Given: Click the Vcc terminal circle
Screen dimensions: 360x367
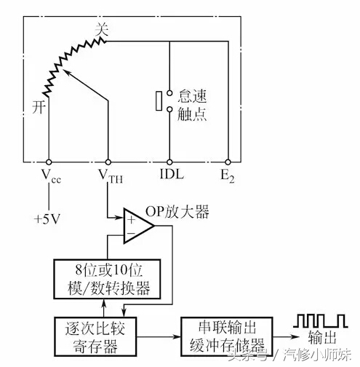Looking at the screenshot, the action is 49,162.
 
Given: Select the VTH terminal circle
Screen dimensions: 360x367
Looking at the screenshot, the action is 108,162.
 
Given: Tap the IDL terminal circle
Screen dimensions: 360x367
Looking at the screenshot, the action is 169,162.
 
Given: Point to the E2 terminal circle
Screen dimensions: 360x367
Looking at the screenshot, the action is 228,162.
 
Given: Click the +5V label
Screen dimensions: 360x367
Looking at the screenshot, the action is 47,219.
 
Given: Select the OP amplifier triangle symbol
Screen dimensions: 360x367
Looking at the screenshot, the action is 139,226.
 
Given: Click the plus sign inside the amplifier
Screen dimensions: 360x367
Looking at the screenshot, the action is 131,220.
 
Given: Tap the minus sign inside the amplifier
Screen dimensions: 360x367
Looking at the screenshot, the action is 131,233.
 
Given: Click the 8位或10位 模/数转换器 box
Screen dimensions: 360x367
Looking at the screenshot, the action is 107,279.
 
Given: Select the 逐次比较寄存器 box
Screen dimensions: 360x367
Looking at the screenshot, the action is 95,336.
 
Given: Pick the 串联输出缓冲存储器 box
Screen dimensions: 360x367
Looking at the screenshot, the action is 227,336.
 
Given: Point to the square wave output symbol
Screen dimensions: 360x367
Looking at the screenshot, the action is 321,320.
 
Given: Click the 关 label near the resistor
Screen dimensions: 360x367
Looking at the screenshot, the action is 102,30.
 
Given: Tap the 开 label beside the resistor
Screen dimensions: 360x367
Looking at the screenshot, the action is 39,107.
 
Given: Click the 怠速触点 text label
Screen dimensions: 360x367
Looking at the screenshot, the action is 192,105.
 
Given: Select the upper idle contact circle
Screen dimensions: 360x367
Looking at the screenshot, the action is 169,92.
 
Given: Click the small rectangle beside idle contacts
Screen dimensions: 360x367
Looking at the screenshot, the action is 159,101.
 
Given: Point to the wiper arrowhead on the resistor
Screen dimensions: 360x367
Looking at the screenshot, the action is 65,72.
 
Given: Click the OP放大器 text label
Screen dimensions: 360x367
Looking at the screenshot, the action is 177,212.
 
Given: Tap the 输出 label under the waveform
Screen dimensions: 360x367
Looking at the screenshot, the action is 322,337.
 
